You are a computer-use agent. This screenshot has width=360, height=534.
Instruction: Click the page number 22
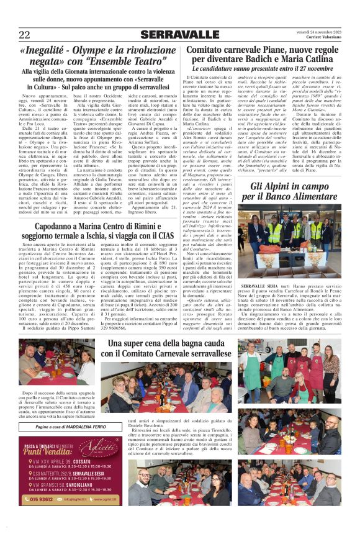(24, 35)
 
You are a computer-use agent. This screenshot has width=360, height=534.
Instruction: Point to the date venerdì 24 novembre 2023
(319, 32)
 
